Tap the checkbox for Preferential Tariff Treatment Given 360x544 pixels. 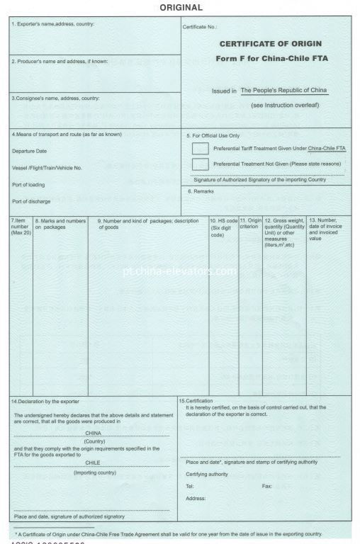201,148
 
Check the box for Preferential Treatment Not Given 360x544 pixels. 201,164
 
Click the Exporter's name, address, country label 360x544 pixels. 53,25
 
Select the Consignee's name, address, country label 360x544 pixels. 55,98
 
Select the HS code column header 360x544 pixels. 223,228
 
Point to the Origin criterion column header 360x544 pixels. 250,224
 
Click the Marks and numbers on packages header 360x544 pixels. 60,224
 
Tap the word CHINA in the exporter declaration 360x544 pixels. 93,431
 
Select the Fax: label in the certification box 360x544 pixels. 266,487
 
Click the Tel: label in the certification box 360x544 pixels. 191,487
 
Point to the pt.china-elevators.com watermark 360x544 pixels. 179,270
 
